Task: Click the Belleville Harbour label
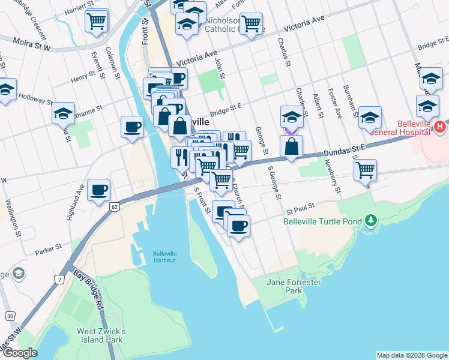[164, 256]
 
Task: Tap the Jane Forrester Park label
[294, 286]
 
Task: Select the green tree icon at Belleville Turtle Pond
[372, 221]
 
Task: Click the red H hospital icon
[440, 127]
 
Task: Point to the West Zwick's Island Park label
[101, 335]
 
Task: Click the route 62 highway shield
[113, 206]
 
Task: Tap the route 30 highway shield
[10, 316]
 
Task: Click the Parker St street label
[48, 247]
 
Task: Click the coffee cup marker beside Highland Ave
[99, 190]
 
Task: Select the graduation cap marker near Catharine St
[63, 113]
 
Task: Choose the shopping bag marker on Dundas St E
[291, 146]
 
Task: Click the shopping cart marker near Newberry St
[365, 170]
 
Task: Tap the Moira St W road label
[33, 41]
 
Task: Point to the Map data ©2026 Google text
[411, 355]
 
